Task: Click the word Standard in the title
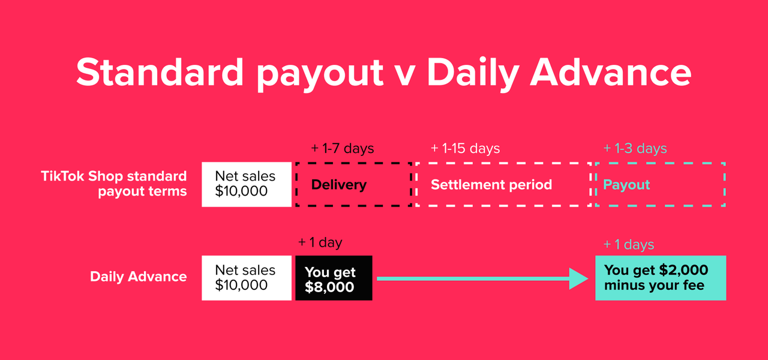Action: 160,71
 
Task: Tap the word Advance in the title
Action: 611,71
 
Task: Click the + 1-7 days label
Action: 342,148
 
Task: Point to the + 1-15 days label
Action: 465,148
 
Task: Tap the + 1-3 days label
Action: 635,148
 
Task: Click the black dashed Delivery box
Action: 296,184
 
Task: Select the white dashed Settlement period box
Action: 417,184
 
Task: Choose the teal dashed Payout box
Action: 724,184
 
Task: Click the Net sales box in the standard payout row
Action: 247,184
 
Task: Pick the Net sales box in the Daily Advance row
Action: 247,278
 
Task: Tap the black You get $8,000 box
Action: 334,278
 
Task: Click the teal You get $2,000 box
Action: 661,278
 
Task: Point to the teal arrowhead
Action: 579,278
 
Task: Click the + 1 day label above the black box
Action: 320,242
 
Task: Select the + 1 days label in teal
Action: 628,244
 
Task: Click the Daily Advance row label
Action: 138,277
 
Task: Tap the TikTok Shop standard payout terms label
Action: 114,184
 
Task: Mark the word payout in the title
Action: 320,74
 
